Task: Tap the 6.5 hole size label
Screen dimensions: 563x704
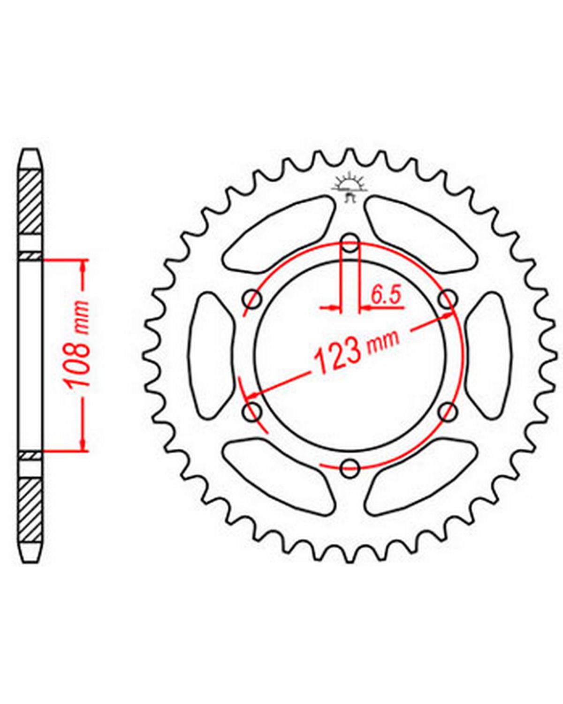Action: click(386, 296)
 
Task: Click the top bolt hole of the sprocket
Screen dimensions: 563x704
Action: click(350, 243)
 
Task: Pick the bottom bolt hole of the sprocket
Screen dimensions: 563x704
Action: click(350, 469)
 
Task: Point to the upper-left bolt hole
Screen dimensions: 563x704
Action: click(252, 299)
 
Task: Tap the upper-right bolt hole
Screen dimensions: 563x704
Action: click(447, 299)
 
